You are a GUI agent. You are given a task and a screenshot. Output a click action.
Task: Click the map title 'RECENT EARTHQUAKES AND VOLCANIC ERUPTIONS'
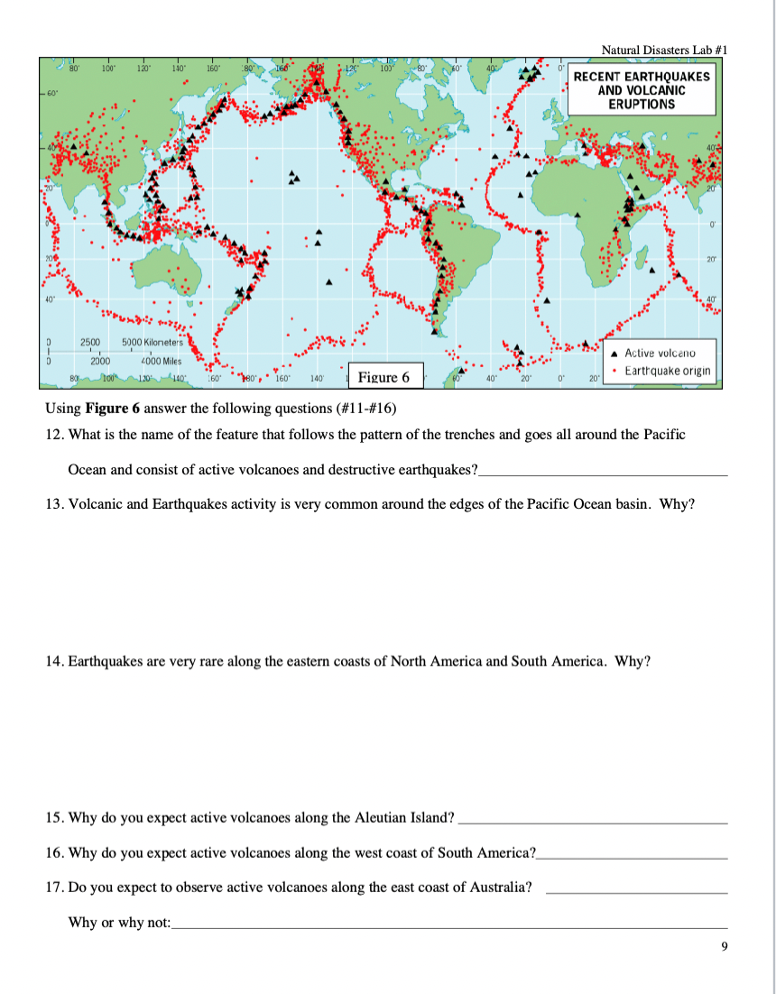pos(642,90)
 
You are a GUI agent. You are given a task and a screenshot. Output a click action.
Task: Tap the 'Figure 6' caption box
pos(383,377)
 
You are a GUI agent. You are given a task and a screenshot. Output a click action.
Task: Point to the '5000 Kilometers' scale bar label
pos(152,343)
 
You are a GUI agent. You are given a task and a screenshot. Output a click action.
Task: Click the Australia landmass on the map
pos(171,271)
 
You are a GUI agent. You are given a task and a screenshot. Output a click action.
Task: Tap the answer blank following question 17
pos(637,890)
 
